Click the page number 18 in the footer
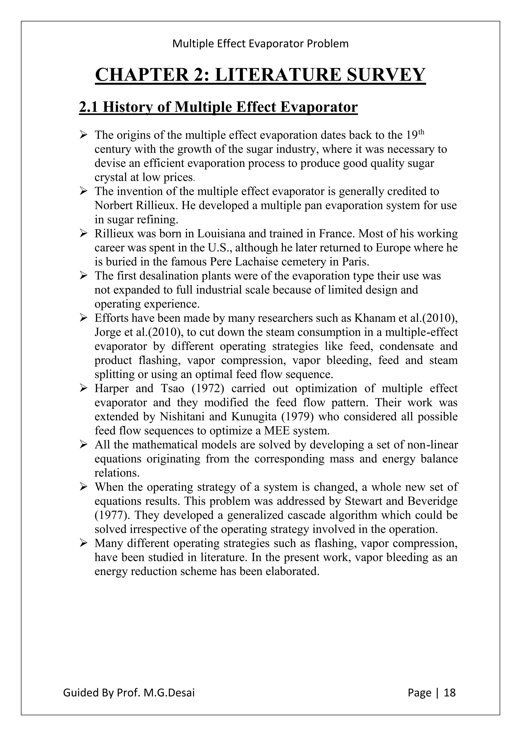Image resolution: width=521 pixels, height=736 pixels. click(450, 693)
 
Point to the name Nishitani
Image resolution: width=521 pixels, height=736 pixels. click(183, 417)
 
